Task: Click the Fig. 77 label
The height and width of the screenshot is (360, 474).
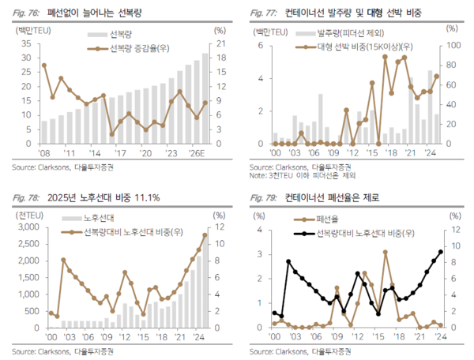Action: pyautogui.click(x=263, y=13)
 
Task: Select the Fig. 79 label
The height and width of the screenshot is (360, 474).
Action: pyautogui.click(x=263, y=197)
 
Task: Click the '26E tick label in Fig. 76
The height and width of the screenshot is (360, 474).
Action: pyautogui.click(x=198, y=152)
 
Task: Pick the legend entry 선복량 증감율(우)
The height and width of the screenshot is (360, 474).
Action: pyautogui.click(x=137, y=50)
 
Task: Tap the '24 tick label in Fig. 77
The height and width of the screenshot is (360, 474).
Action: pyautogui.click(x=431, y=152)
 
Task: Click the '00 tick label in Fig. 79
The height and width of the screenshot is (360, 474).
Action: pyautogui.click(x=273, y=336)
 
